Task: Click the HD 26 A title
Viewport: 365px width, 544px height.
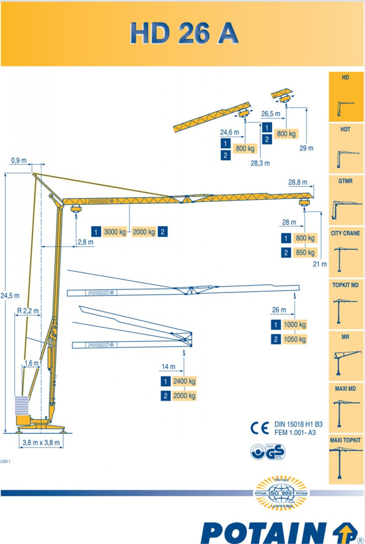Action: coord(184,33)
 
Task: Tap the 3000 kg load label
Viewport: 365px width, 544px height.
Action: coord(115,232)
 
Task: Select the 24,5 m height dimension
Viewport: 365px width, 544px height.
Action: coord(10,296)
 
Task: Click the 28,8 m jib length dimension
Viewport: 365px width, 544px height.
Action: coord(297,182)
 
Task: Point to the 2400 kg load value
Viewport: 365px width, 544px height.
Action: coord(184,381)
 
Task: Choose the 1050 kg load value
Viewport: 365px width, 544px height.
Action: coord(294,339)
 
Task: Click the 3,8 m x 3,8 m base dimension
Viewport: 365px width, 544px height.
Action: coord(41,443)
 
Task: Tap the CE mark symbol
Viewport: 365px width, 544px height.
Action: coord(259,428)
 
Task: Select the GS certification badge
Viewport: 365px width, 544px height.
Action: coord(275,452)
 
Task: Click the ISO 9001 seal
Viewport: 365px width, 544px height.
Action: coord(281,493)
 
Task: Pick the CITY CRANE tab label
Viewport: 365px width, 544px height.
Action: coord(345,233)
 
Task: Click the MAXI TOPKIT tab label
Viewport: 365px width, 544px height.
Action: coord(345,440)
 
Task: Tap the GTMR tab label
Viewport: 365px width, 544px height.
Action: coord(345,181)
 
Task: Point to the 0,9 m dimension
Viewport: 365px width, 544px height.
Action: coord(19,160)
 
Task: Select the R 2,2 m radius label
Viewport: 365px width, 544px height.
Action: coord(28,311)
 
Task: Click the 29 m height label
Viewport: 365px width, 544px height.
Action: coord(306,148)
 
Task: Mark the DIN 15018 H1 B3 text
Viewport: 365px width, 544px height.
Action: coord(298,424)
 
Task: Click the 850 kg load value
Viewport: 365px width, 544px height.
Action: coord(305,252)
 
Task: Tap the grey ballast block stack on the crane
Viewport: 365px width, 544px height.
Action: coord(22,405)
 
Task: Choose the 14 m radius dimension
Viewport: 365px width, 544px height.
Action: coord(169,367)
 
